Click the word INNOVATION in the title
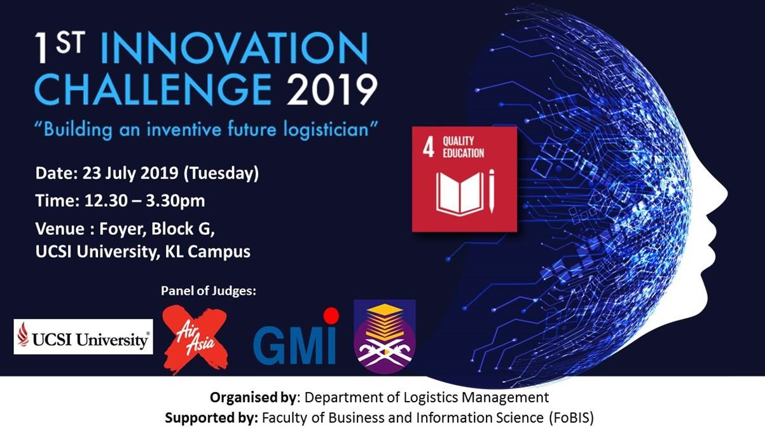[x=235, y=48]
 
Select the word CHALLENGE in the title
[x=153, y=89]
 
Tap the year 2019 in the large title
[x=333, y=90]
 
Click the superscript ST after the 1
[x=71, y=43]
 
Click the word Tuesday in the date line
[x=221, y=173]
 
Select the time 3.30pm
[x=176, y=201]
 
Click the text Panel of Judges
[x=209, y=291]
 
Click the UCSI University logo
[x=83, y=337]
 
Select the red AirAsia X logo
[x=195, y=340]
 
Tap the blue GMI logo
[x=294, y=345]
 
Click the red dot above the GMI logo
[x=331, y=315]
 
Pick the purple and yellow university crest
[x=385, y=337]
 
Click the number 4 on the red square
[x=429, y=148]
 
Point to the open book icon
[x=460, y=194]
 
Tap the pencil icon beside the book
[x=492, y=191]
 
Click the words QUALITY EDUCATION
[x=464, y=147]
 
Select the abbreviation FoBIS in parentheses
[x=571, y=418]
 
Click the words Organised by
[x=252, y=398]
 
